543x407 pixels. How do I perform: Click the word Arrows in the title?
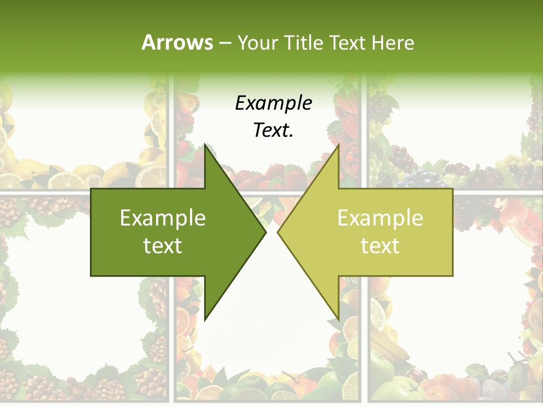tap(177, 42)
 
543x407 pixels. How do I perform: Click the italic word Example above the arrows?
tap(273, 103)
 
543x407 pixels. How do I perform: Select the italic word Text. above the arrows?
tap(273, 131)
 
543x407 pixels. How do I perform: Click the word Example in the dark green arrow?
tap(163, 218)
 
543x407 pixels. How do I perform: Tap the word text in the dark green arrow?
tap(163, 246)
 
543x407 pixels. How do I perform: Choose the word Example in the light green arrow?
tap(380, 218)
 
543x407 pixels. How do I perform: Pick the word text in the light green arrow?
tap(380, 246)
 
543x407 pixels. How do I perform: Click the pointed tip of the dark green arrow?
tap(266, 232)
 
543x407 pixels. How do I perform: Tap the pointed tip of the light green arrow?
tap(278, 232)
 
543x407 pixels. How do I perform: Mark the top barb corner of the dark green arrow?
tap(205, 145)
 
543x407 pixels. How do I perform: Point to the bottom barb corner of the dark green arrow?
tap(205, 319)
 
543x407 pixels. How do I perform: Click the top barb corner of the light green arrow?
tap(338, 145)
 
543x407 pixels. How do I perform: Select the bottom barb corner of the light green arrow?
tap(338, 319)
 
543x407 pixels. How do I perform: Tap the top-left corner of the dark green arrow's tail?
tap(92, 189)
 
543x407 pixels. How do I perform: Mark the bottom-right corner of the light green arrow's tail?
tap(452, 275)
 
